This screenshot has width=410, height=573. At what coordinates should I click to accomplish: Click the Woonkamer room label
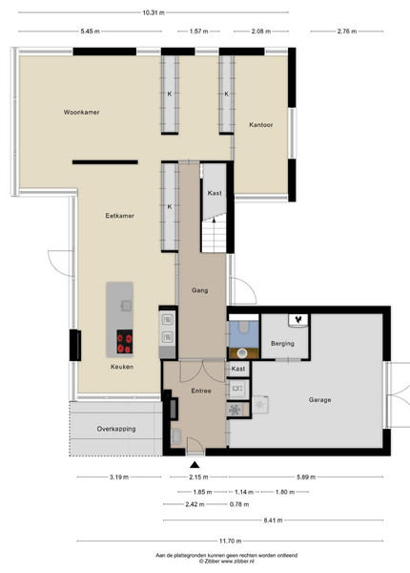click(81, 112)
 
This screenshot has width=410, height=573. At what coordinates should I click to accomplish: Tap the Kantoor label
click(261, 124)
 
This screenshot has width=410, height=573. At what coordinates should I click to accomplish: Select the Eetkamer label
click(119, 216)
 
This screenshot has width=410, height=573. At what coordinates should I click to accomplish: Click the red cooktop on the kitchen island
click(125, 342)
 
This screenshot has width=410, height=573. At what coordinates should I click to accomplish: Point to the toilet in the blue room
click(243, 327)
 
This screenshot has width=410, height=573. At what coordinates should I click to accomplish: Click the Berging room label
click(282, 344)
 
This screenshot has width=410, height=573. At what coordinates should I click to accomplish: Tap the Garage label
click(320, 400)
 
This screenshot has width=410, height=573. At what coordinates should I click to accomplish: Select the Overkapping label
click(116, 429)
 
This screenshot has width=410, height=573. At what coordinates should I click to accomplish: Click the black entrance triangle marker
click(195, 465)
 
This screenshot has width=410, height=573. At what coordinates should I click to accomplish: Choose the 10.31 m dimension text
click(154, 12)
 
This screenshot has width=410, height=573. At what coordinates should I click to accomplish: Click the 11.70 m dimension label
click(230, 541)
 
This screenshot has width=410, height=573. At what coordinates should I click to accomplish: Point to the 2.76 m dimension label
click(347, 32)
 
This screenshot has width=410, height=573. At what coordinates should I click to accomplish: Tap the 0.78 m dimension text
click(239, 504)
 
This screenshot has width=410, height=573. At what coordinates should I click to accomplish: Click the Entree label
click(201, 391)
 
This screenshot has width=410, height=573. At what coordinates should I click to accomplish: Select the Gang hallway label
click(200, 290)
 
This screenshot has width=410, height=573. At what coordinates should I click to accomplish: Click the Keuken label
click(122, 367)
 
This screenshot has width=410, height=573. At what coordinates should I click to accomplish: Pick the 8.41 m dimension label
click(274, 520)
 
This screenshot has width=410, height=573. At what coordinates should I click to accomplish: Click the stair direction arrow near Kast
click(214, 219)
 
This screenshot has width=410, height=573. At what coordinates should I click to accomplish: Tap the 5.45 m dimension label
click(90, 32)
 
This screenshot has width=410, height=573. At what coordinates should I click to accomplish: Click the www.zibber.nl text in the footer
click(237, 561)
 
